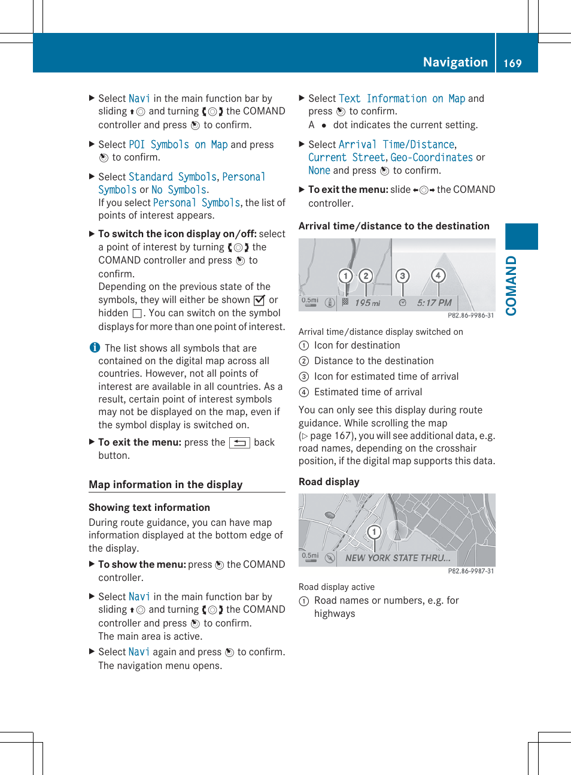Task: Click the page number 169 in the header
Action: point(512,63)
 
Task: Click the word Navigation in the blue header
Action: point(455,62)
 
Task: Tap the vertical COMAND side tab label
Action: point(511,286)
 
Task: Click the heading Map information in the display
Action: point(165,485)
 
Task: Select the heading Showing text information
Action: point(149,507)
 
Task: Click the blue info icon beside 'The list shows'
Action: point(95,347)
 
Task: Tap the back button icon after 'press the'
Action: point(239,443)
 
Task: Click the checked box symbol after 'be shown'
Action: point(259,300)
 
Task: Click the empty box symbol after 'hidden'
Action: point(137,313)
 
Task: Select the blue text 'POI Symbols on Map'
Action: point(178,144)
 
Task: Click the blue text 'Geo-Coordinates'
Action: point(431,158)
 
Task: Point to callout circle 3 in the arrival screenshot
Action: point(403,276)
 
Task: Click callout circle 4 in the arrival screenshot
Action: point(438,276)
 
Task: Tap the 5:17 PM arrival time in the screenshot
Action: point(434,303)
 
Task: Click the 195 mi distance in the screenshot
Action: point(367,303)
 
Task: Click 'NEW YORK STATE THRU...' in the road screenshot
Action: point(397,558)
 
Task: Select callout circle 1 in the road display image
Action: point(374,532)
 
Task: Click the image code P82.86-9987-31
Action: point(470,571)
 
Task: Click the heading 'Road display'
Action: point(329,482)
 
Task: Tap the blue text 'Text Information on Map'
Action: point(402,98)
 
